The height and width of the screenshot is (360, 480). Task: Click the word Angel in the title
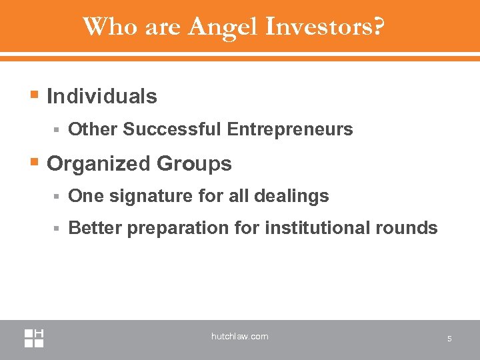(x=223, y=27)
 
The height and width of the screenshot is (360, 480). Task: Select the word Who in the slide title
(x=104, y=27)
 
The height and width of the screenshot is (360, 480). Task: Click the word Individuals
(x=102, y=97)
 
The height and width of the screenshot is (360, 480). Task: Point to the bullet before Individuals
(x=35, y=97)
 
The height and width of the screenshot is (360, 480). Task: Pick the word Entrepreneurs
(x=290, y=129)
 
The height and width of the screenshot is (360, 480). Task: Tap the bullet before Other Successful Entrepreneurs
(x=58, y=129)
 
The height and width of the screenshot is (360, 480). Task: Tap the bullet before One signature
(x=58, y=197)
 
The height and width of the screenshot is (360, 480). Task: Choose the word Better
(x=95, y=229)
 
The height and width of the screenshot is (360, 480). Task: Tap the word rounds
(x=407, y=229)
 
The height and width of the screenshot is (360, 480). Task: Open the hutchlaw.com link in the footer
(x=240, y=337)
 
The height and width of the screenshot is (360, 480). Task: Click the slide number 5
(x=449, y=339)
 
